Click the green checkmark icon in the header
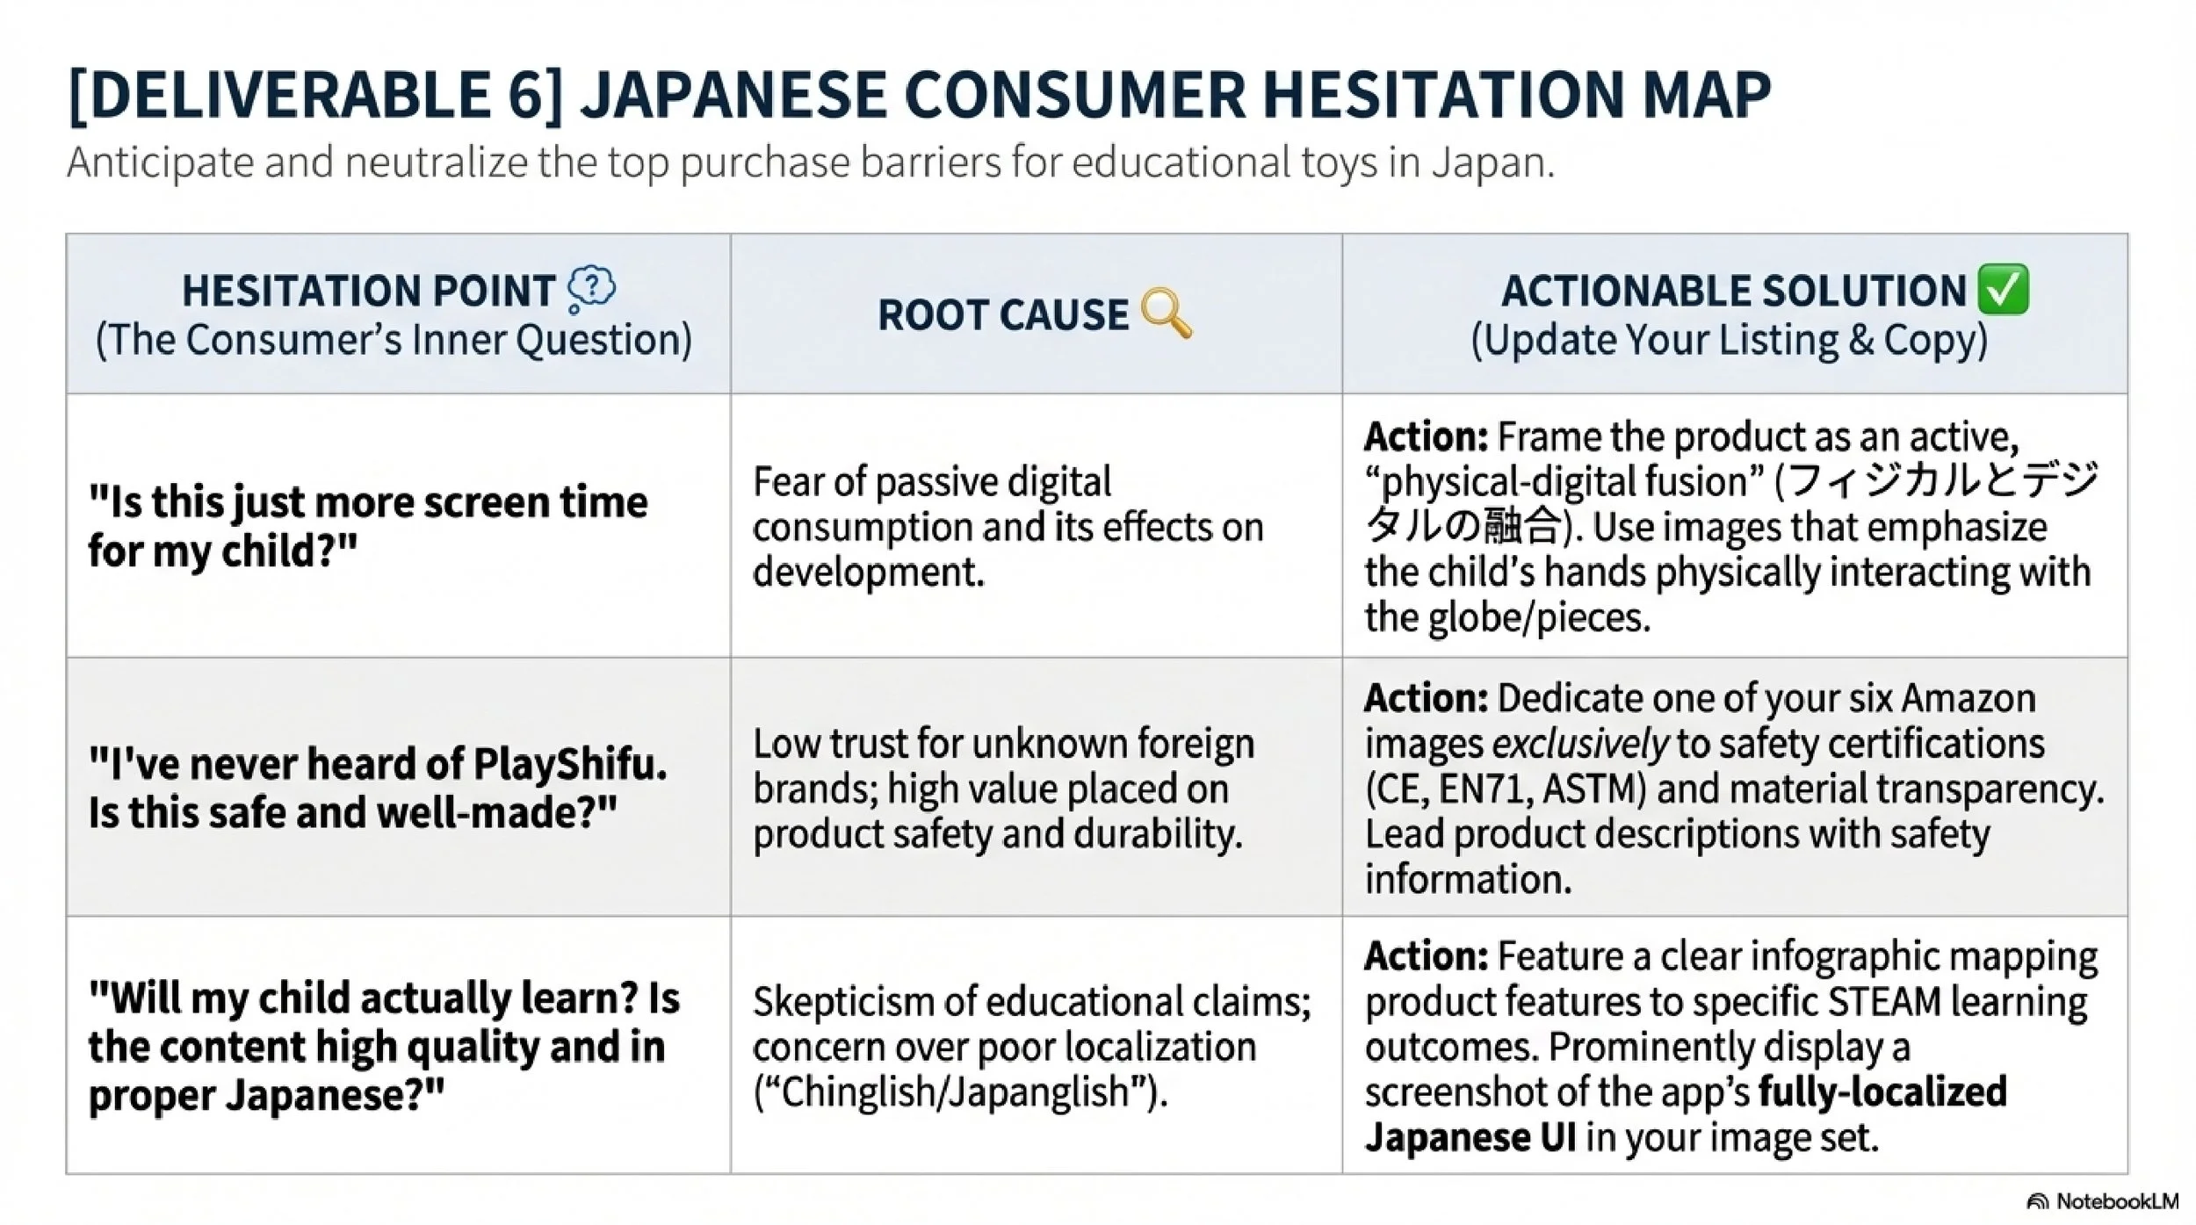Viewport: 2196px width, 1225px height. [x=2004, y=289]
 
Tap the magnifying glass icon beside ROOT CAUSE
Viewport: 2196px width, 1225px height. [x=1166, y=313]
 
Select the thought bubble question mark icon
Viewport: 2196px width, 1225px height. [x=591, y=289]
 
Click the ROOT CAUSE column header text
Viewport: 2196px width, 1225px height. [x=1002, y=314]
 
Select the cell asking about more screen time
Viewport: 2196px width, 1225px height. [x=368, y=526]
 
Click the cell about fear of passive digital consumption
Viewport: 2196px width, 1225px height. [x=1008, y=526]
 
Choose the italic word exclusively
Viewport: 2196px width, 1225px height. [x=1578, y=745]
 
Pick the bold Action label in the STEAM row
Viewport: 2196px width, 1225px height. [x=1425, y=956]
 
